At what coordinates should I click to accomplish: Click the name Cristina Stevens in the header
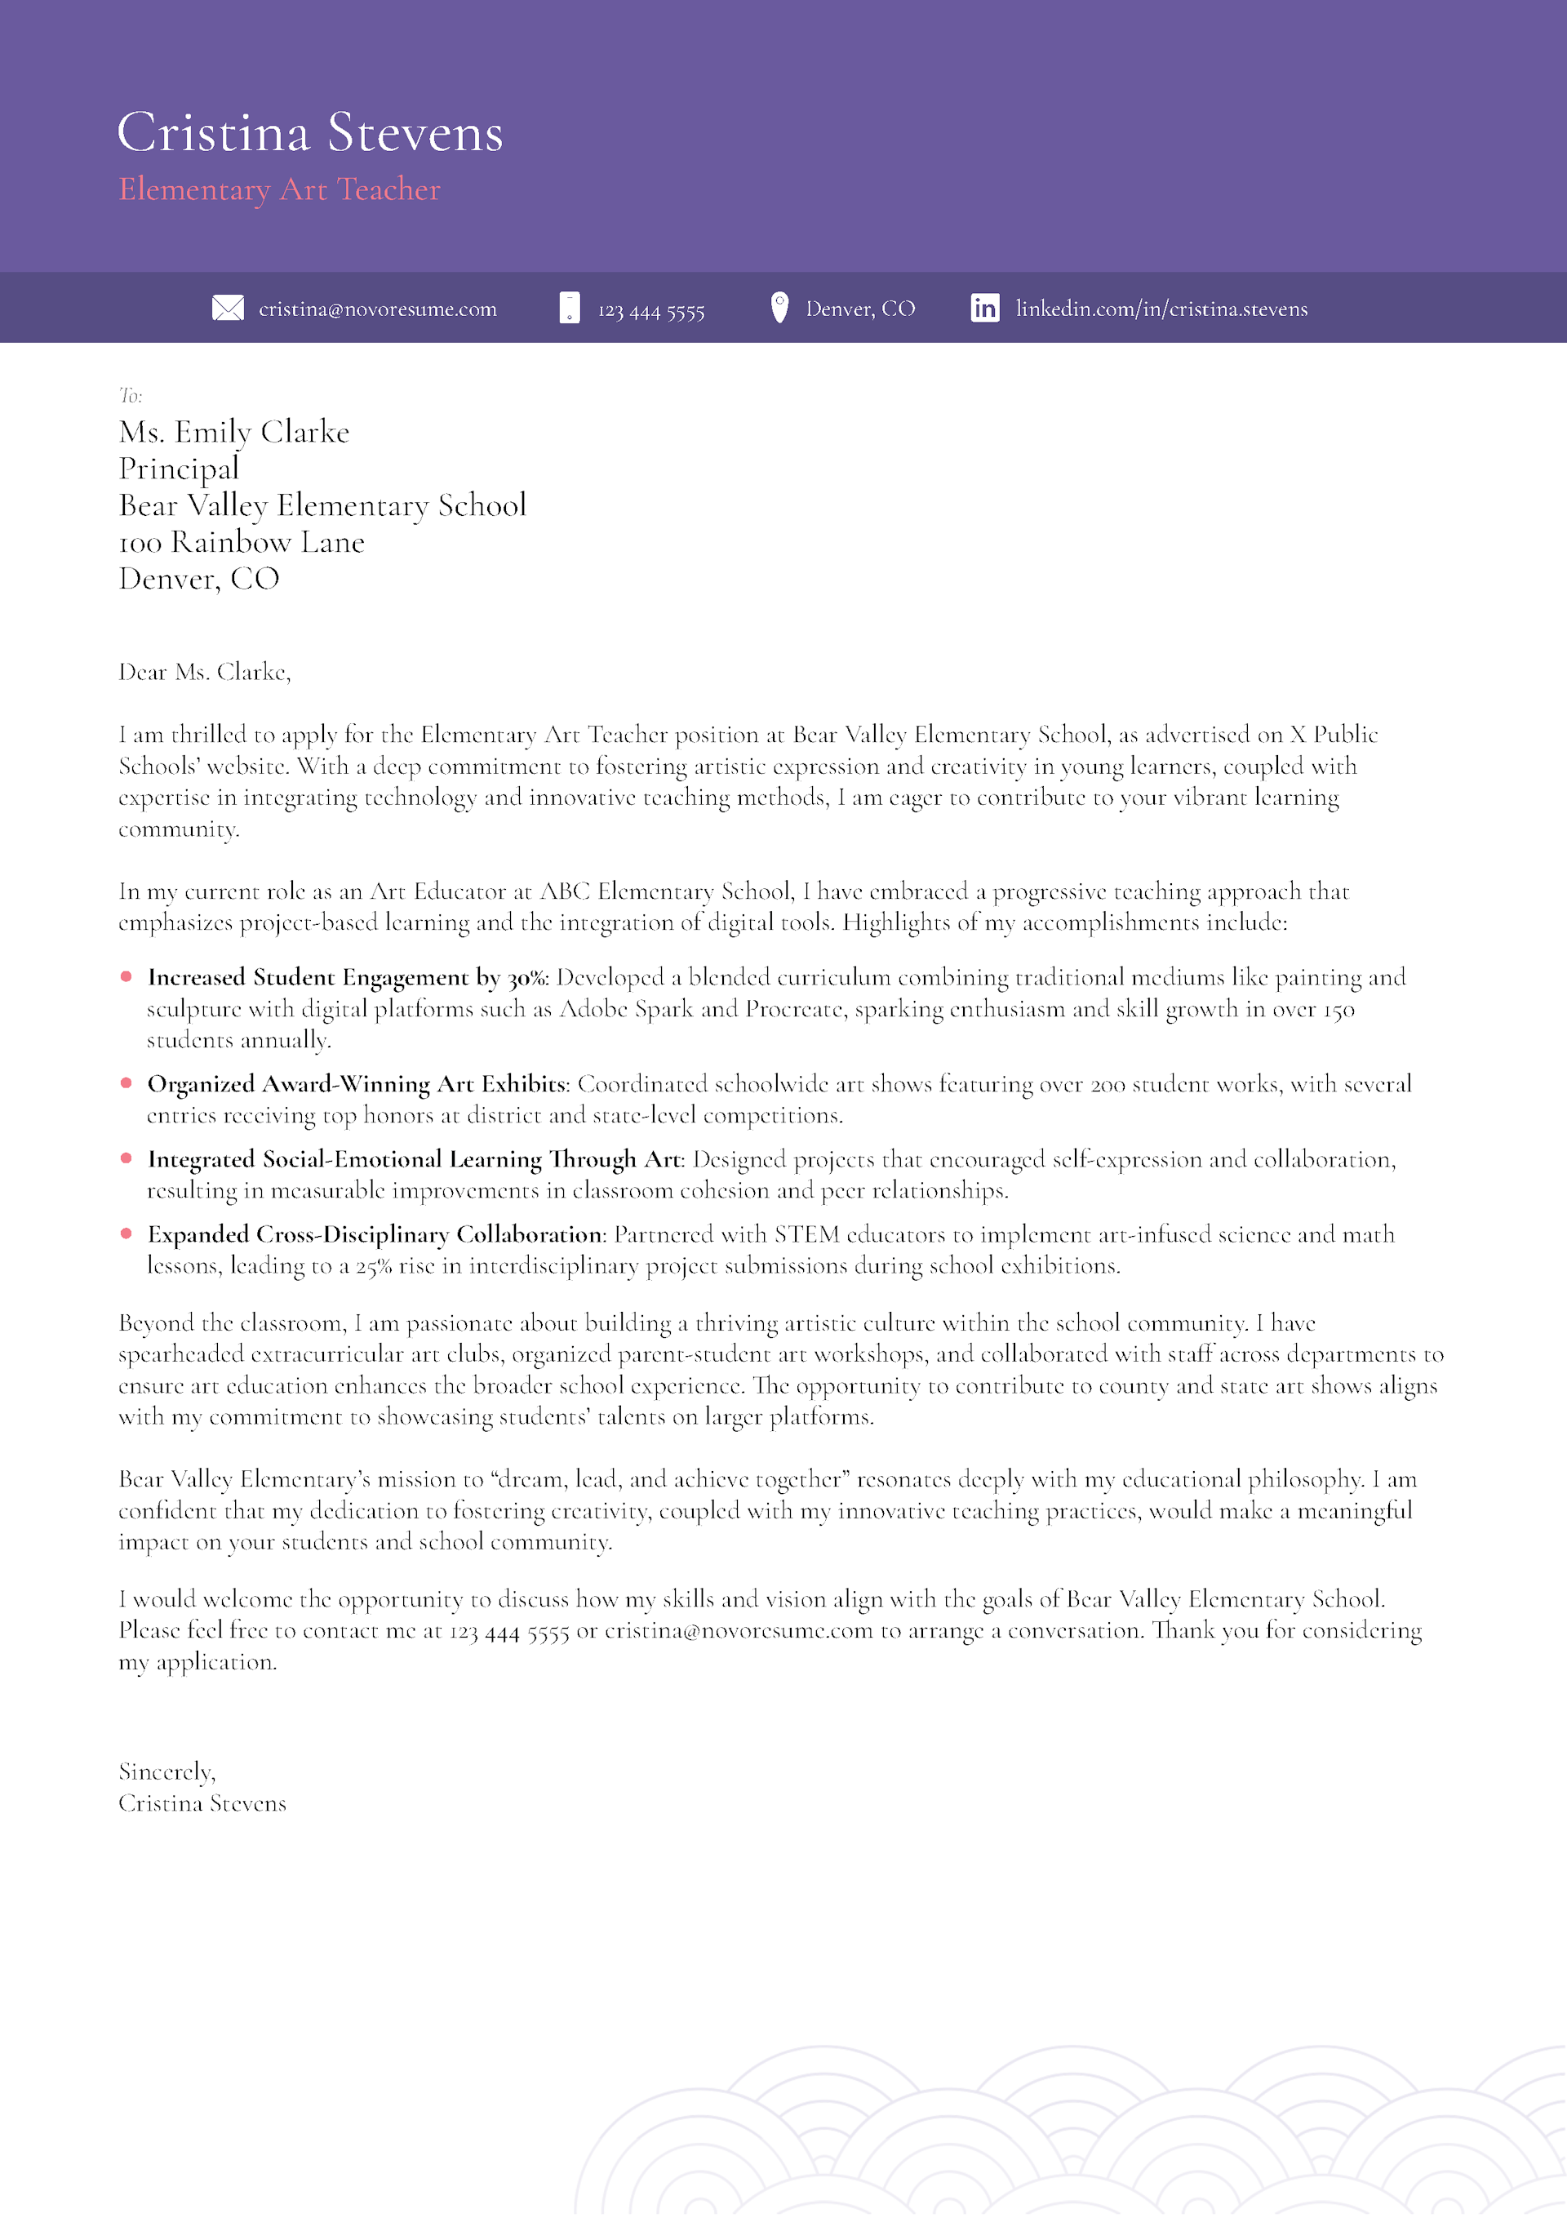coord(309,132)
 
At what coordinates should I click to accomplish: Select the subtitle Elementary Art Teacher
coord(279,189)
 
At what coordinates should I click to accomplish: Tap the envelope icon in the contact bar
coord(228,308)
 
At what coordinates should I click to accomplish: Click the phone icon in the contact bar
coord(570,308)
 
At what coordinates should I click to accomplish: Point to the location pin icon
coord(779,307)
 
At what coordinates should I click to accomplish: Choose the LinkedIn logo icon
coord(984,308)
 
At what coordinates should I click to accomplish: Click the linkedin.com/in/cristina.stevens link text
coord(1161,309)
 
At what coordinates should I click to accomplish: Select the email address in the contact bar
coord(378,309)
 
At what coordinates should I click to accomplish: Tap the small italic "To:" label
coord(131,395)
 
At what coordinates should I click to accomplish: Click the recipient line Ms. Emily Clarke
coord(233,432)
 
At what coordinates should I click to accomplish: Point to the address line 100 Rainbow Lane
coord(242,543)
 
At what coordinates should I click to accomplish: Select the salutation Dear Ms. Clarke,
coord(205,673)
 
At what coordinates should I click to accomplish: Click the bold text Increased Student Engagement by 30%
coord(348,978)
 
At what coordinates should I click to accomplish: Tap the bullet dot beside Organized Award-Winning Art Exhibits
coord(127,1083)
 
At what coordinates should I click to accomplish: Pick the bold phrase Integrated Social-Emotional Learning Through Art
coord(415,1159)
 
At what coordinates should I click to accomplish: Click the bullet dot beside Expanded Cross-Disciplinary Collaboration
coord(127,1233)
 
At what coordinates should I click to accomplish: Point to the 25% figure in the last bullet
coord(373,1266)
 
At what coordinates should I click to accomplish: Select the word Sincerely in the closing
coord(165,1771)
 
